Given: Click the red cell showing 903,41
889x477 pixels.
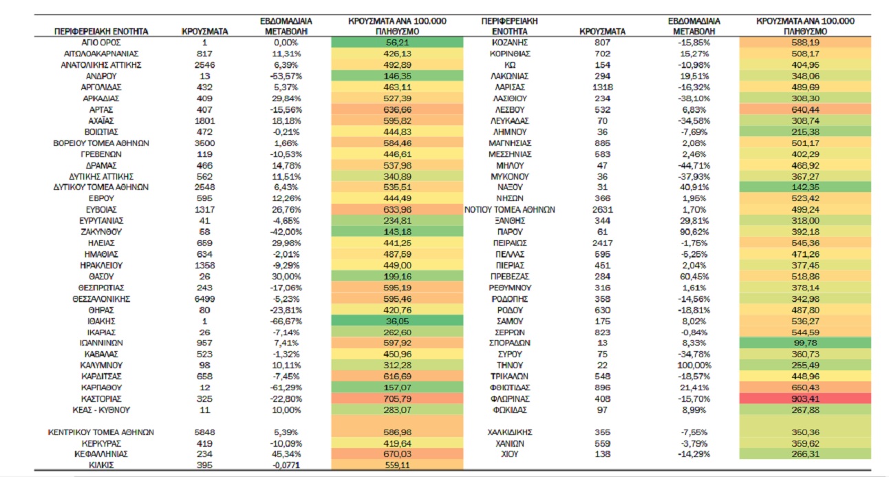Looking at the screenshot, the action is pyautogui.click(x=805, y=399).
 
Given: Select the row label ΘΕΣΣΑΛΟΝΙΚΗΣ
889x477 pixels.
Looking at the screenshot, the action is pyautogui.click(x=101, y=299).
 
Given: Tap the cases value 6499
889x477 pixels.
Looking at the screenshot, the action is pyautogui.click(x=204, y=299).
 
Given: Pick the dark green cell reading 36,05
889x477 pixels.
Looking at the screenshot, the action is pyautogui.click(x=397, y=321).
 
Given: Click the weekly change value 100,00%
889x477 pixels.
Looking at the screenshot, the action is pyautogui.click(x=694, y=365).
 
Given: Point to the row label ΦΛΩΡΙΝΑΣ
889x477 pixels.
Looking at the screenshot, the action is pyautogui.click(x=510, y=399).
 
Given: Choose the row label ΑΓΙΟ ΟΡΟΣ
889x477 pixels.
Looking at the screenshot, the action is pyautogui.click(x=101, y=43).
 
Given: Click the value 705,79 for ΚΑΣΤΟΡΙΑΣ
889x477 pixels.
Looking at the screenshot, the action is pyautogui.click(x=397, y=399).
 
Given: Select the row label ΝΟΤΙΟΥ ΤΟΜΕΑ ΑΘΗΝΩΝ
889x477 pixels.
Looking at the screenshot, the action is pyautogui.click(x=510, y=209).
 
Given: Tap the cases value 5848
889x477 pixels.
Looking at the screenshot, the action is pyautogui.click(x=204, y=432).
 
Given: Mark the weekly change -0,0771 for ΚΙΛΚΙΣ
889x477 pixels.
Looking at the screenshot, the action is pyautogui.click(x=286, y=465).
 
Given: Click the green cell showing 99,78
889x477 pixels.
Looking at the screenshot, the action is pyautogui.click(x=805, y=343).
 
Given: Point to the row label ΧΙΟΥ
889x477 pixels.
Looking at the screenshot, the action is pyautogui.click(x=510, y=454).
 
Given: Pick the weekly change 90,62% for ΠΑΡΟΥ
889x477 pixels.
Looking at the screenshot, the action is pyautogui.click(x=694, y=231).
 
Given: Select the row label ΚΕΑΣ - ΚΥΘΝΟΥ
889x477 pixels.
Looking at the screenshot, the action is pyautogui.click(x=101, y=410).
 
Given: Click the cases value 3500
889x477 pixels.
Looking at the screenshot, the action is pyautogui.click(x=204, y=143).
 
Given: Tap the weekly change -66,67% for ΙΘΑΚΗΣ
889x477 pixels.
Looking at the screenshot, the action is pyautogui.click(x=286, y=321).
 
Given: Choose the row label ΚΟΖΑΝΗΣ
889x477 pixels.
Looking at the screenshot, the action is pyautogui.click(x=510, y=43).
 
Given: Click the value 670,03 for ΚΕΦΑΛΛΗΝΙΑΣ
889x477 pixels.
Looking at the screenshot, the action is pyautogui.click(x=397, y=454).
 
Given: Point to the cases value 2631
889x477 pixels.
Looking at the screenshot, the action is pyautogui.click(x=603, y=209).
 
